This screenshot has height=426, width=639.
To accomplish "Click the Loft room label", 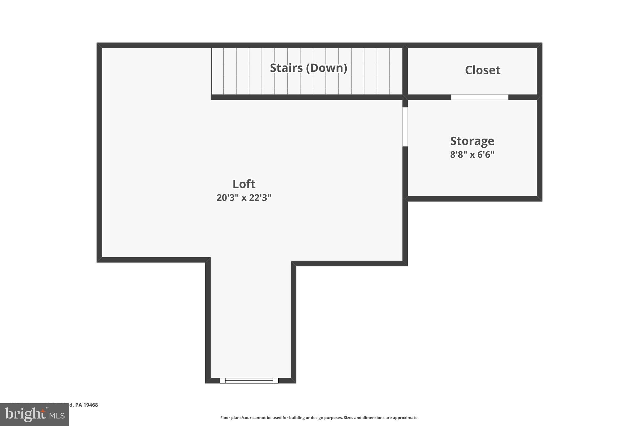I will [244, 184].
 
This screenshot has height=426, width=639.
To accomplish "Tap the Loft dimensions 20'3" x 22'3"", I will [244, 198].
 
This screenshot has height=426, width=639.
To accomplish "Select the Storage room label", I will [472, 141].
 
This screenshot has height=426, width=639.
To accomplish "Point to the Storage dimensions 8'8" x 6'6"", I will [472, 154].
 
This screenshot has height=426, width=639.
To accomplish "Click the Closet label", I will [482, 70].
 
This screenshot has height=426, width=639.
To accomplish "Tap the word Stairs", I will [286, 68].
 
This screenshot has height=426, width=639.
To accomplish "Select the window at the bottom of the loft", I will [249, 380].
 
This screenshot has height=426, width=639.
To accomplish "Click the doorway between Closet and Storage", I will [479, 97].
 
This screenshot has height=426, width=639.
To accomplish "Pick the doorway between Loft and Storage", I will [405, 127].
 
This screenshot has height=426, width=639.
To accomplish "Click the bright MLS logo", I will [35, 414].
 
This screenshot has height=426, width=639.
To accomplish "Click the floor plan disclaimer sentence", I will [319, 418].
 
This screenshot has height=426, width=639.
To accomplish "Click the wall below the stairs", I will [307, 97].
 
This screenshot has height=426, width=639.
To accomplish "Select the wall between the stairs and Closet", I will [405, 70].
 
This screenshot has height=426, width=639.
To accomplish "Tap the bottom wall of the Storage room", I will [473, 198].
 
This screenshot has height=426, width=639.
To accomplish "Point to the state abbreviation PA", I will [78, 405].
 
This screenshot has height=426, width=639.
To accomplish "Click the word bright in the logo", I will [25, 414].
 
